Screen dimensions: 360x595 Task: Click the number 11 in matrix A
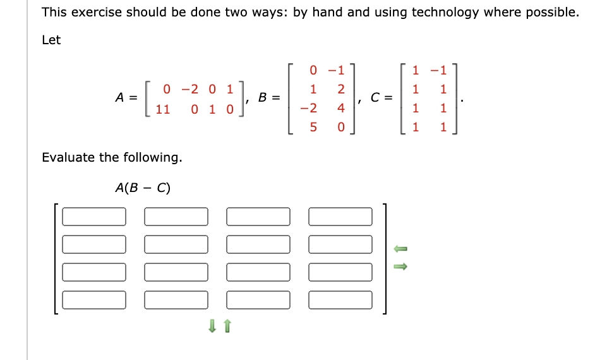pos(163,109)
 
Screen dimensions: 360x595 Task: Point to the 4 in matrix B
pos(341,109)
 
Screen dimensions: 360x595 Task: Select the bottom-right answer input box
pos(340,299)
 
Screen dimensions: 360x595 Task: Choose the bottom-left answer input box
pos(94,299)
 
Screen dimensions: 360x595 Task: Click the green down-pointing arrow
pos(213,326)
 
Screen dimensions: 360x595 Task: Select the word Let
pos(51,40)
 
